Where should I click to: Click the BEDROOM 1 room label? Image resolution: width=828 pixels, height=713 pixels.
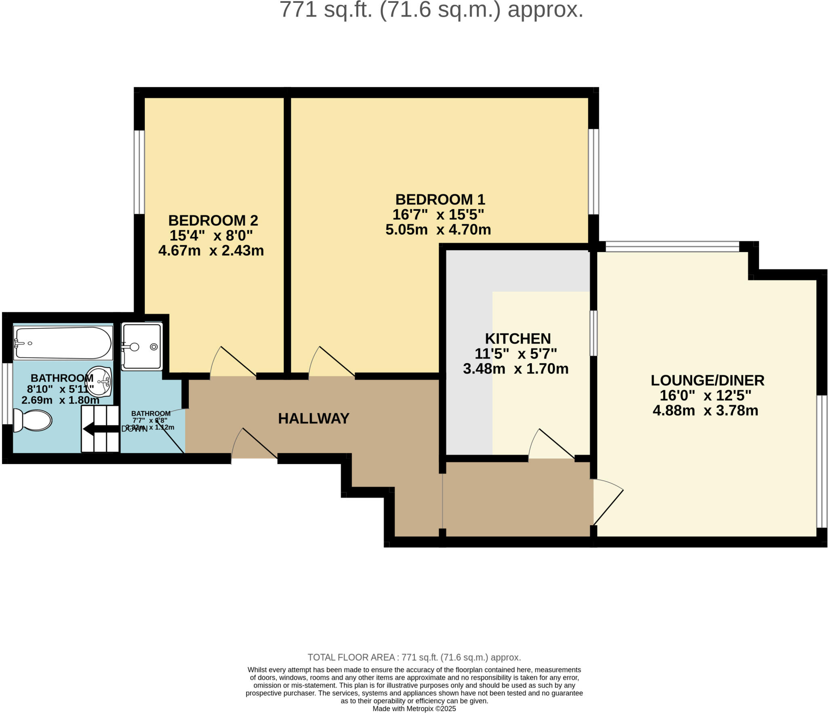440,200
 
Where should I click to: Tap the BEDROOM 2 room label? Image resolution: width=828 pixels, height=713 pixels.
213,221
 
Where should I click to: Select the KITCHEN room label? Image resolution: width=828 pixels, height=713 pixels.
517,339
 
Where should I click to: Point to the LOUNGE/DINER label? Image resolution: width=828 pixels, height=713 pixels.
707,381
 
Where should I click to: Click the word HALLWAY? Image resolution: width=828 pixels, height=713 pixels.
314,419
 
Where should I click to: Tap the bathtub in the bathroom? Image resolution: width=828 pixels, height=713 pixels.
63,343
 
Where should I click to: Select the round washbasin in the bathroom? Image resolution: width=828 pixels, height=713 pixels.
99,381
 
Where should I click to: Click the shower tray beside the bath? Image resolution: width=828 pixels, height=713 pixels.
142,346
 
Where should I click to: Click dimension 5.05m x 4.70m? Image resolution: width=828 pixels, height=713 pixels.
438,230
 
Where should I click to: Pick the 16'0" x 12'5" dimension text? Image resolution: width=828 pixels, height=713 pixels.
705,395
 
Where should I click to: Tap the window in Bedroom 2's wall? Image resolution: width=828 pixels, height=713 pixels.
139,172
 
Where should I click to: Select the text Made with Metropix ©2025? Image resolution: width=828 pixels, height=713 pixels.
414,709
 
